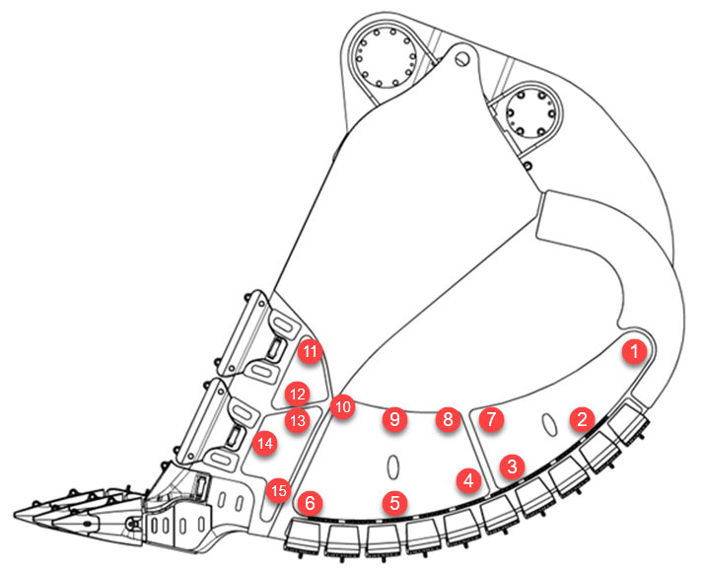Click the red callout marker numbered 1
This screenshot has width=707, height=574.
pos(635,349)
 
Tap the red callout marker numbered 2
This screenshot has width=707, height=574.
pos(583,418)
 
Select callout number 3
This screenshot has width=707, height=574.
pos(511,464)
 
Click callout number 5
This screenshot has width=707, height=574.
pos(395,503)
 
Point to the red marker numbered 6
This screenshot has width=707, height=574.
pos(311,503)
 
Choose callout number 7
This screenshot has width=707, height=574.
pos(490,419)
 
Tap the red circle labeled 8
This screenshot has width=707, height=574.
pos(448,419)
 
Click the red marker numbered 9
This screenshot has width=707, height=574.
pos(394,419)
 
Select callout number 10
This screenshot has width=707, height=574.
pos(342,405)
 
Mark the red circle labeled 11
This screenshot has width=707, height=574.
pos(312,350)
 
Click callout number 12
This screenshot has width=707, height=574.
pos(297,394)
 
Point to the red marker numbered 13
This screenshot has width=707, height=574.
pos(297,421)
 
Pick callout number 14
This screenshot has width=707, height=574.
pos(263,444)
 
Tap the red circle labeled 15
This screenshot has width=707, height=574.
pos(280,488)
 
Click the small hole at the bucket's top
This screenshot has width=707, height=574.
pos(460,58)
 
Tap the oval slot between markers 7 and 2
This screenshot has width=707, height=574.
pos(545,422)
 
